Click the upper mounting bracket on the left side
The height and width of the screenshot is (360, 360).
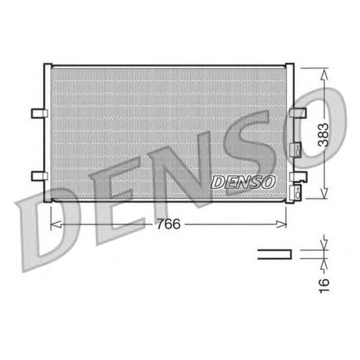pyautogui.click(x=39, y=113)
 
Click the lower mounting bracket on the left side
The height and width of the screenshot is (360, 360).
pyautogui.click(x=39, y=176)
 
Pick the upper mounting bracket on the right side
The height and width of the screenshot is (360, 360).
pyautogui.click(x=298, y=113)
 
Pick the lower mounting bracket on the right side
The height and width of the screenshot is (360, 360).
pyautogui.click(x=298, y=176)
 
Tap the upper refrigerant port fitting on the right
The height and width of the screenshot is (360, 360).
pyautogui.click(x=296, y=150)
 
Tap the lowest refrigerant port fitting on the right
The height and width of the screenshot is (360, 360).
pyautogui.click(x=297, y=193)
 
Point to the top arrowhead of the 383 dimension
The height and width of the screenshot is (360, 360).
pyautogui.click(x=323, y=74)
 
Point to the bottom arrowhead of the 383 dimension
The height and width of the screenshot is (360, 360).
pyautogui.click(x=323, y=194)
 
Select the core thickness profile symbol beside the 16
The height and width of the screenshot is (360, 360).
pyautogui.click(x=274, y=254)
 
